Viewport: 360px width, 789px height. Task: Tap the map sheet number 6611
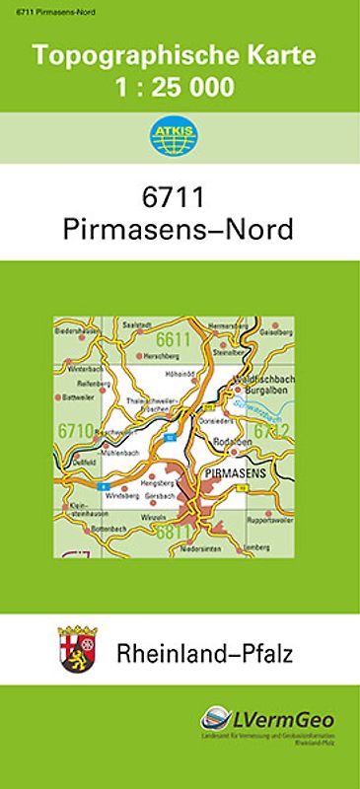pyautogui.click(x=172, y=341)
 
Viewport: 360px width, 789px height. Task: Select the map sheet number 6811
pyautogui.click(x=172, y=534)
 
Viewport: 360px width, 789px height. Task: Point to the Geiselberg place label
pyautogui.click(x=276, y=333)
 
